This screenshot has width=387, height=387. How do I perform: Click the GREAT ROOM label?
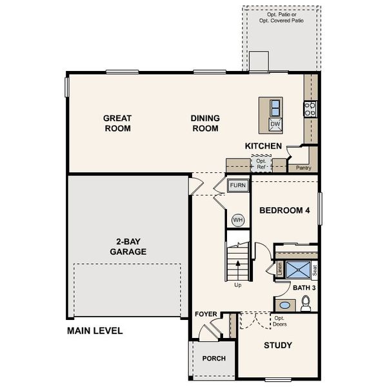[x=117, y=123]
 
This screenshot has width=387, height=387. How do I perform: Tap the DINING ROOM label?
[x=205, y=123]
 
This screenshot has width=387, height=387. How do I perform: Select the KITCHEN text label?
[x=263, y=146]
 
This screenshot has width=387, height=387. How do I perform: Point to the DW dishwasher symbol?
[x=275, y=124]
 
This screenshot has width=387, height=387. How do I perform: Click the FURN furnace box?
[x=238, y=186]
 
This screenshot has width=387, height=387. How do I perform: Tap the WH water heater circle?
[x=238, y=220]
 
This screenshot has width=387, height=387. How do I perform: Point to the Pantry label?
[x=304, y=168]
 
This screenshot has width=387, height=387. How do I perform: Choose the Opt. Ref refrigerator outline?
[x=261, y=164]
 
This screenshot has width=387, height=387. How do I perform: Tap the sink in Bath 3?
[x=283, y=304]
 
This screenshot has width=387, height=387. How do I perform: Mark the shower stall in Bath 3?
[x=297, y=269]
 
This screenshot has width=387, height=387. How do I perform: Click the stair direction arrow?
[x=238, y=264]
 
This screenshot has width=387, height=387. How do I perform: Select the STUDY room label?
[x=278, y=345]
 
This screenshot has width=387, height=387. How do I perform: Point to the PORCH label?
[x=214, y=359]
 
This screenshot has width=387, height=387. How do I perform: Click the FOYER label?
[x=206, y=314]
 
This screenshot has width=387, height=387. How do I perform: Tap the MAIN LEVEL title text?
[x=95, y=331]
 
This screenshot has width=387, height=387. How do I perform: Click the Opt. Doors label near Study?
[x=279, y=321]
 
